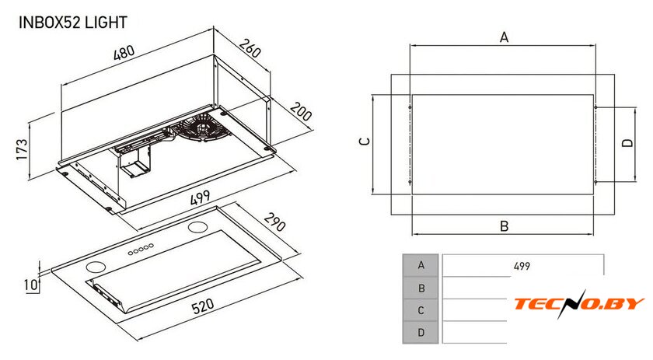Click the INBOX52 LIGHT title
(x=73, y=22)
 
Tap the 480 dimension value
(x=124, y=53)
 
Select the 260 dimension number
(x=250, y=48)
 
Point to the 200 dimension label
(x=301, y=111)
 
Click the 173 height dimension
(x=22, y=149)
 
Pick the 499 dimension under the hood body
(x=201, y=197)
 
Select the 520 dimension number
(x=203, y=306)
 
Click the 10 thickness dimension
(x=31, y=285)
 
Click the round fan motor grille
(x=203, y=128)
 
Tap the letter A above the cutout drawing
(x=505, y=37)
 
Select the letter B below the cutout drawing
(x=505, y=226)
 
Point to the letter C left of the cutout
(x=365, y=142)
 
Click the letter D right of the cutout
(x=627, y=142)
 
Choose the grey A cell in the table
(x=421, y=265)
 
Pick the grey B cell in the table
(x=421, y=288)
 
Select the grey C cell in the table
(x=421, y=310)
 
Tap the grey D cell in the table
(x=421, y=333)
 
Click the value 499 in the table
(x=522, y=266)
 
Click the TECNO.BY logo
(x=579, y=303)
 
